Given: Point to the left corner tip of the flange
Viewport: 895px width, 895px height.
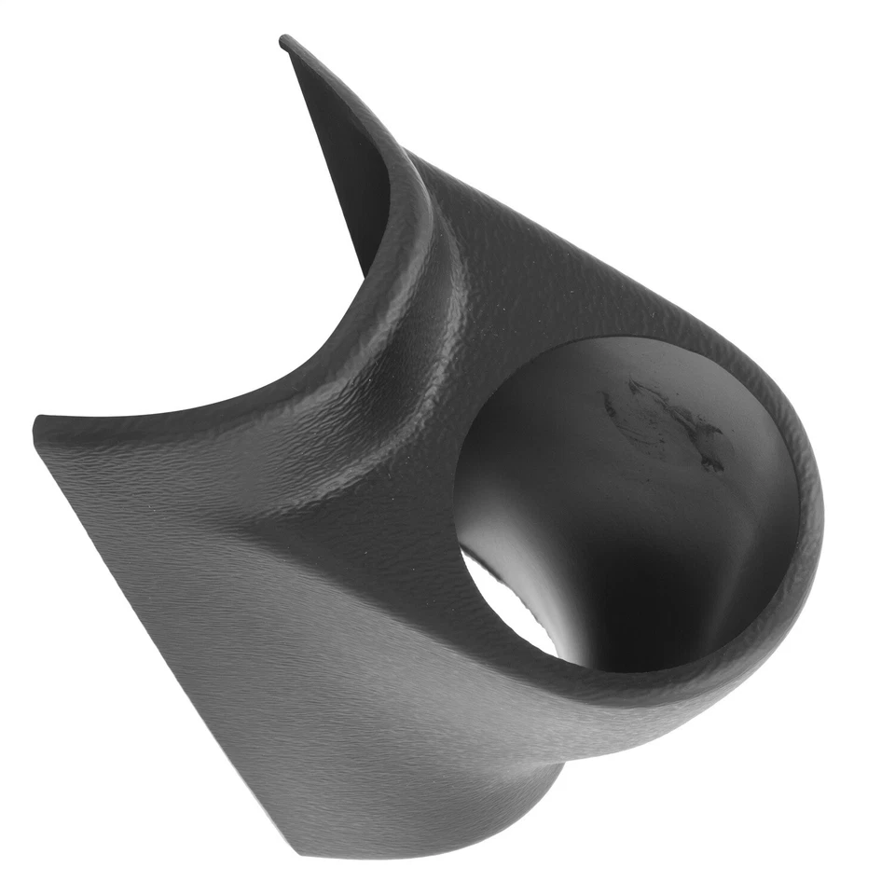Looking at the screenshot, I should click(37, 427).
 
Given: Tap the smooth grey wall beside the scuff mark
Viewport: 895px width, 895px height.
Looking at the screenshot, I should click(559, 438).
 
